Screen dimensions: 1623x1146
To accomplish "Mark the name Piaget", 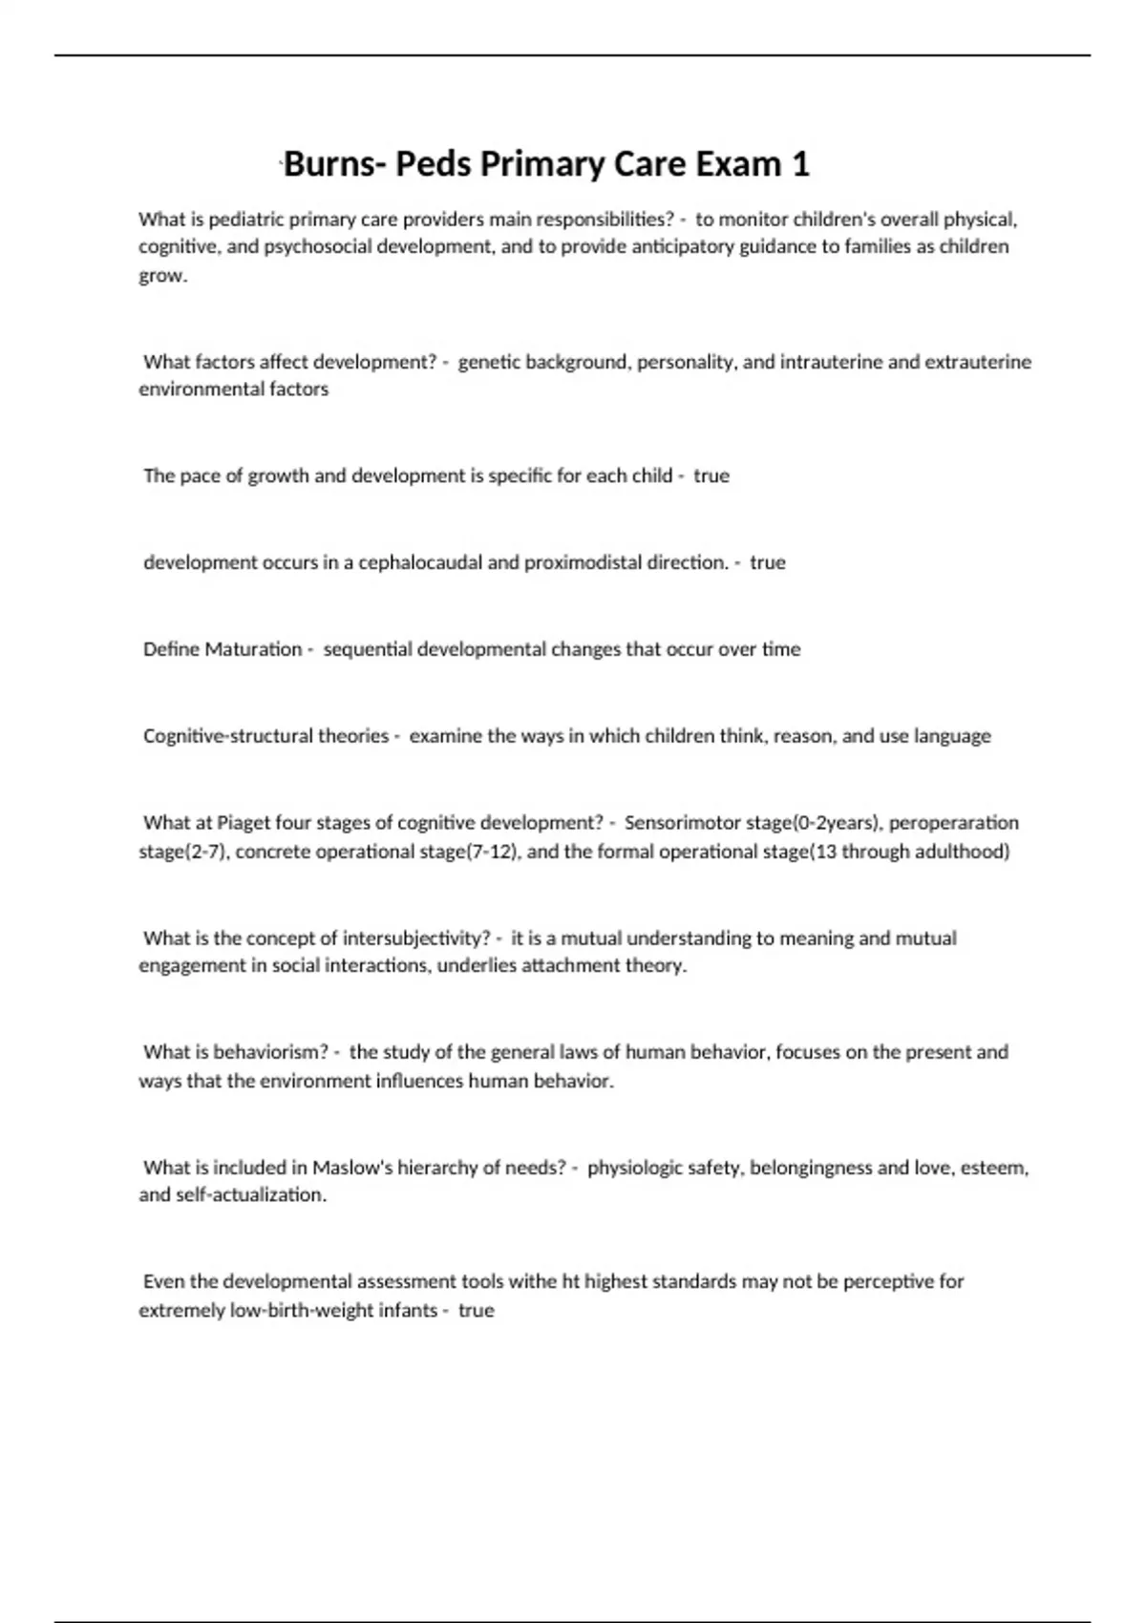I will point(244,823).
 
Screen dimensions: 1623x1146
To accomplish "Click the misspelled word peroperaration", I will point(953,823).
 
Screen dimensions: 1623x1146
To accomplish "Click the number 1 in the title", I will point(800,164).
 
